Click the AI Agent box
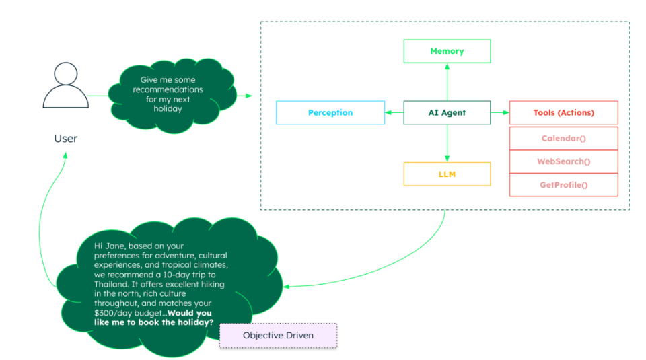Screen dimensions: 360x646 pos(447,113)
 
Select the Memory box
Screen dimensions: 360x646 pos(447,51)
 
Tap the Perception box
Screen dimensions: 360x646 pos(330,113)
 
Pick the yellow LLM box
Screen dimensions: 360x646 pos(447,174)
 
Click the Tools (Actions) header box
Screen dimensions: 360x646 pos(563,113)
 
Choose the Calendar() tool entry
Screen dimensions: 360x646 pos(563,139)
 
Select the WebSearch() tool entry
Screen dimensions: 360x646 pos(563,161)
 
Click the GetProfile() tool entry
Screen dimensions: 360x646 pos(563,184)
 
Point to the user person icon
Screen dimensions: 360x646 pos(65,85)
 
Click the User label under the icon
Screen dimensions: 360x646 pos(65,139)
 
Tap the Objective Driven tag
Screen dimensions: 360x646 pos(278,335)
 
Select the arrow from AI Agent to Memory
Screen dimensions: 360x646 pos(447,82)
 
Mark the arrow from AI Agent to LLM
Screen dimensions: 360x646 pos(447,143)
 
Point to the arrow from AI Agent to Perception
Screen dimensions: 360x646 pos(394,113)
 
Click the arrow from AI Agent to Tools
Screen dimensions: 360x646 pos(500,113)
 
